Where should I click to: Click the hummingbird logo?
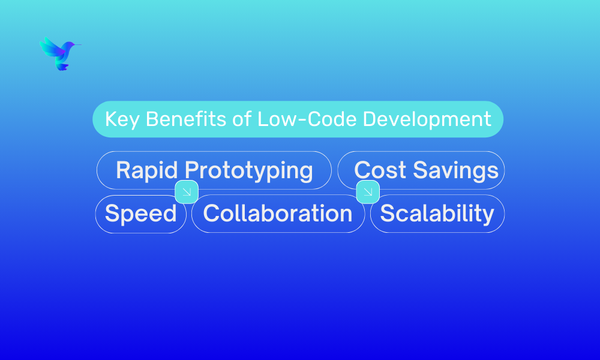pos(60,53)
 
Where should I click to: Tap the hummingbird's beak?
pos(78,45)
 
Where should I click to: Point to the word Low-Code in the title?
pos(307,119)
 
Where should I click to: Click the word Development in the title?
pos(427,119)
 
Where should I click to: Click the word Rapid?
pos(147,170)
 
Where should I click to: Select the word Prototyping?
pos(249,170)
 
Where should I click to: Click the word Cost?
pos(380,170)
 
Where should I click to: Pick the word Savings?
pos(456,170)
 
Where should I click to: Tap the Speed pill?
pos(141,214)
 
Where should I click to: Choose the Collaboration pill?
pos(278,214)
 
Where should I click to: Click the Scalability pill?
pos(437,214)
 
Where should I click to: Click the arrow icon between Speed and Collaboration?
pos(187,191)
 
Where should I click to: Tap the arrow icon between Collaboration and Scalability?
pos(368,191)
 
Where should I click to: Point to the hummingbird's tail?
pos(62,67)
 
